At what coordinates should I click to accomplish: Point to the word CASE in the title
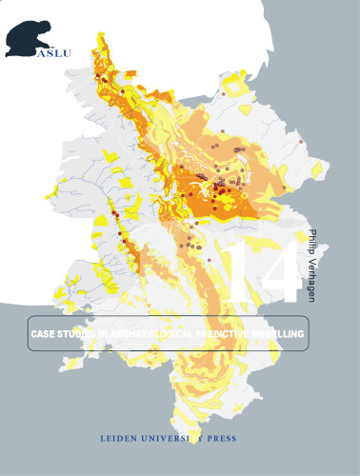pos(45,337)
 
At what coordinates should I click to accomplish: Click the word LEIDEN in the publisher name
pos(119,441)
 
